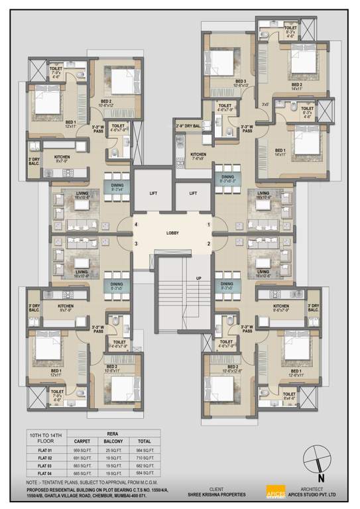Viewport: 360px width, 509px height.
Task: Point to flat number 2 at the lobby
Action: pos(208,244)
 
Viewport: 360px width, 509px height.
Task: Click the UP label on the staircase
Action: pos(198,278)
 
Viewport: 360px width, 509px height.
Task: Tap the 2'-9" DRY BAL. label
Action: pos(188,126)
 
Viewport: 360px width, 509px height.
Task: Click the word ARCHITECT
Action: pos(312,488)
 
